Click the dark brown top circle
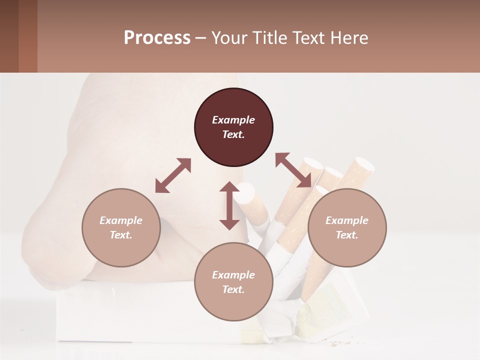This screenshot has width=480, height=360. pyautogui.click(x=233, y=127)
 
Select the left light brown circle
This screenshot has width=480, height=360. pyautogui.click(x=121, y=227)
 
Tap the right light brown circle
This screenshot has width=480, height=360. pyautogui.click(x=347, y=227)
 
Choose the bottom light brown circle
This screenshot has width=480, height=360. pyautogui.click(x=233, y=282)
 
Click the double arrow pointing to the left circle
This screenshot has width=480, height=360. pyautogui.click(x=173, y=175)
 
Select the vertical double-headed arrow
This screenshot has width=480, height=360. pyautogui.click(x=229, y=205)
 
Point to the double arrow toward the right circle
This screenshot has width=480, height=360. pyautogui.click(x=293, y=170)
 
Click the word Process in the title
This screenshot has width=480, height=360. pyautogui.click(x=157, y=37)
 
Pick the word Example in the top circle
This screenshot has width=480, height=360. pyautogui.click(x=233, y=120)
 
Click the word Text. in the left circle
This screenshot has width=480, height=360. pyautogui.click(x=121, y=235)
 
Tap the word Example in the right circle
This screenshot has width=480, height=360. pyautogui.click(x=347, y=220)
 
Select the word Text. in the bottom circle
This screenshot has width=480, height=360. pyautogui.click(x=233, y=289)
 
